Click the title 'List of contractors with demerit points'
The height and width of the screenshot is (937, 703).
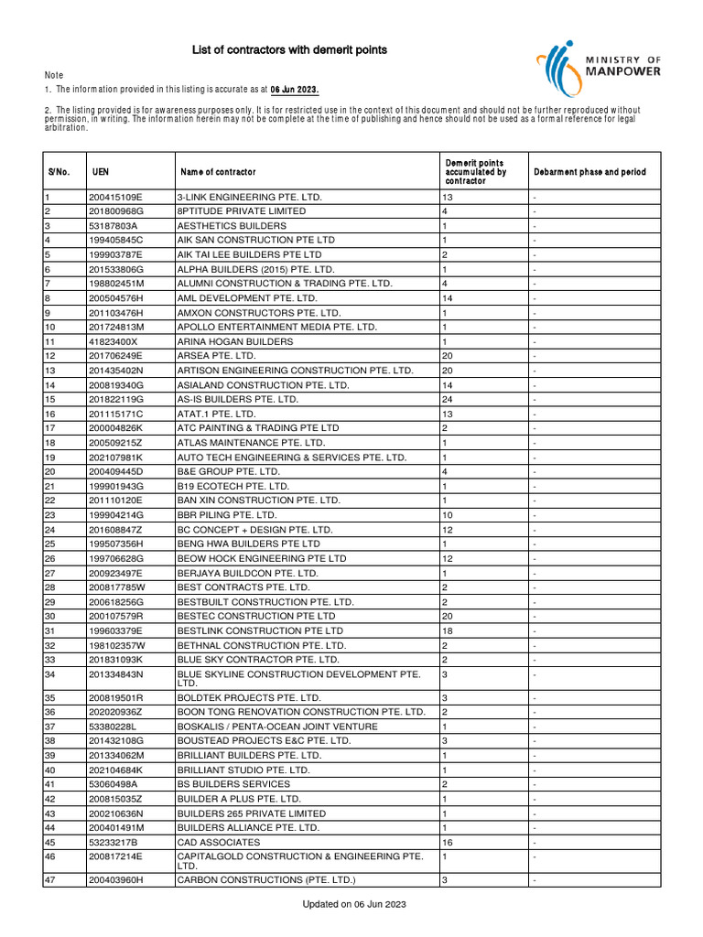pyautogui.click(x=288, y=49)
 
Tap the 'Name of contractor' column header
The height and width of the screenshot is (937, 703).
pyautogui.click(x=218, y=172)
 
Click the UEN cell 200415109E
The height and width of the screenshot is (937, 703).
pyautogui.click(x=115, y=197)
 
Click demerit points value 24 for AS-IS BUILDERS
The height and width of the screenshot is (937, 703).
pyautogui.click(x=448, y=400)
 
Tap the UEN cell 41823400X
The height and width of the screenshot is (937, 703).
pyautogui.click(x=113, y=341)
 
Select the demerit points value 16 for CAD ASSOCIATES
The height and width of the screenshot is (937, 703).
pyautogui.click(x=448, y=842)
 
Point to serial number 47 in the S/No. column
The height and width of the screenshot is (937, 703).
pyautogui.click(x=51, y=879)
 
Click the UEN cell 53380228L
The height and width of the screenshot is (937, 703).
pyautogui.click(x=113, y=726)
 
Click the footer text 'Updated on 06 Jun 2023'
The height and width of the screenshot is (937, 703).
pyautogui.click(x=354, y=904)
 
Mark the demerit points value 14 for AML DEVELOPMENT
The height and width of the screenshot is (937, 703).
pyautogui.click(x=448, y=298)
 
